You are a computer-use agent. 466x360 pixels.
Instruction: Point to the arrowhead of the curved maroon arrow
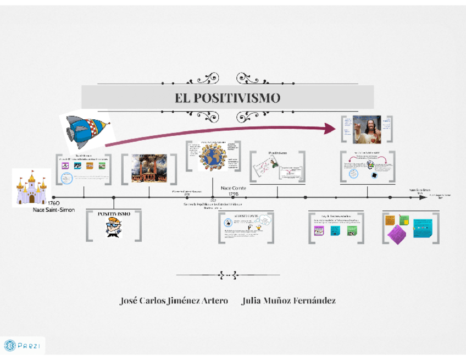(x=331, y=128)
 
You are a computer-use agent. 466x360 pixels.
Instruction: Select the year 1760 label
(x=54, y=204)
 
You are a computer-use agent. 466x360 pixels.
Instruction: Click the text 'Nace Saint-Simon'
(x=53, y=209)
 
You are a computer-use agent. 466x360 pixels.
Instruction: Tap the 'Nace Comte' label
(x=233, y=188)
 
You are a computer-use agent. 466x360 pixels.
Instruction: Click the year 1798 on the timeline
(x=233, y=194)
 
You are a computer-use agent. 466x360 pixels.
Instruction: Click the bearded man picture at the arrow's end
(x=367, y=129)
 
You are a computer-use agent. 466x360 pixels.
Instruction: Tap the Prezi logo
(x=23, y=346)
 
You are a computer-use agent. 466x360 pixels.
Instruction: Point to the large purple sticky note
(x=397, y=233)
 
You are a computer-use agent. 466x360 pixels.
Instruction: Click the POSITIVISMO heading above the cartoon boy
(x=114, y=214)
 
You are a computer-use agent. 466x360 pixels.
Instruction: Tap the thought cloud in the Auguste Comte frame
(x=264, y=220)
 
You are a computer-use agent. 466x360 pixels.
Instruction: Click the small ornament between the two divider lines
(x=228, y=274)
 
